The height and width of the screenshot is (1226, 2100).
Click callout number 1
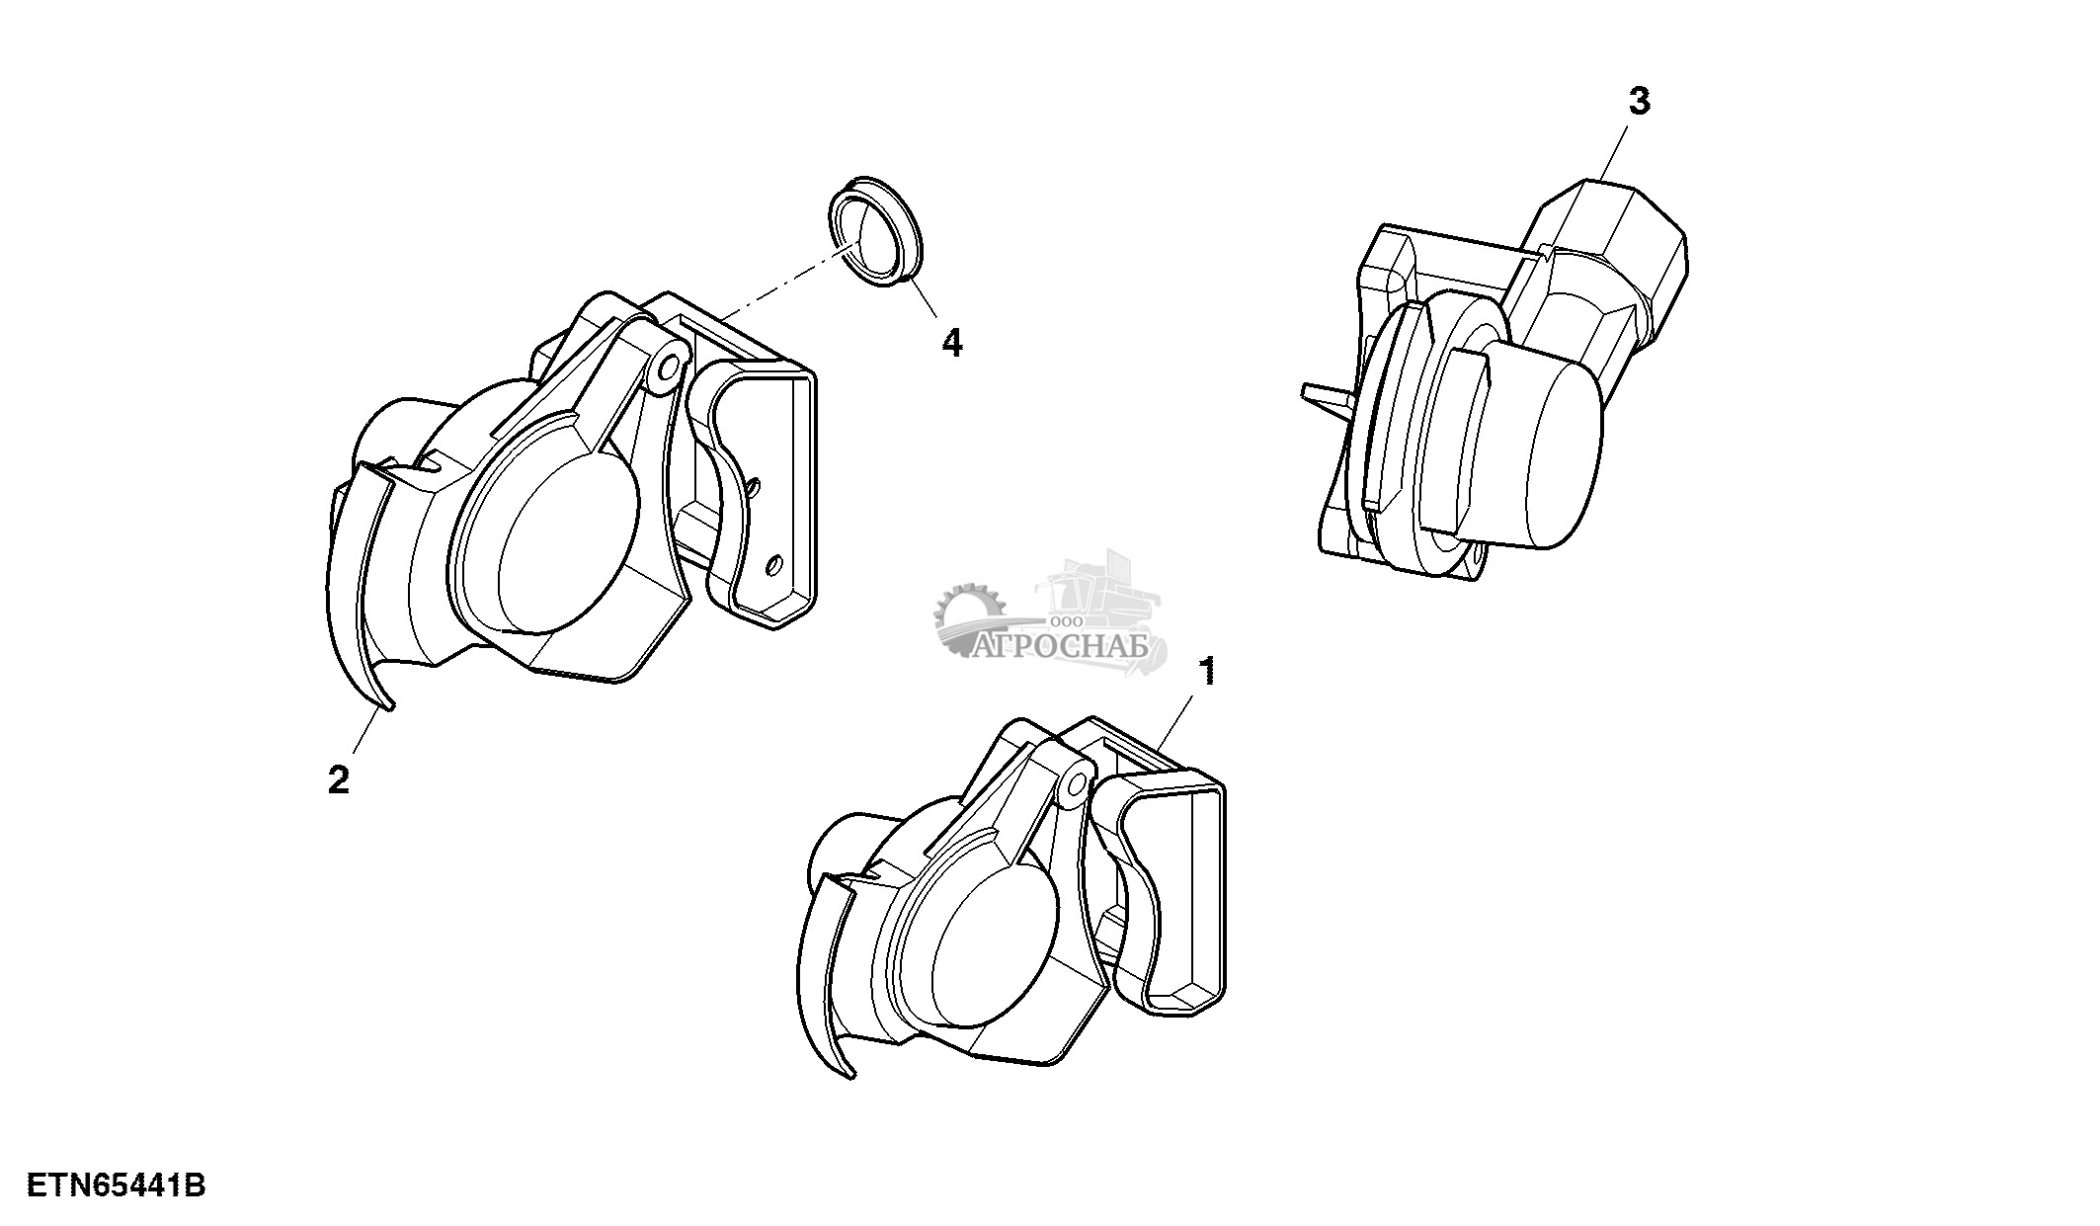tap(1206, 672)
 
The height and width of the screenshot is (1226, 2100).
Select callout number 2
tap(339, 781)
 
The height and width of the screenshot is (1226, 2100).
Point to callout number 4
tap(951, 343)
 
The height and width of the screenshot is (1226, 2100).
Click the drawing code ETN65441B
tap(116, 1185)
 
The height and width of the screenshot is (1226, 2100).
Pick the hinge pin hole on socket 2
tap(670, 368)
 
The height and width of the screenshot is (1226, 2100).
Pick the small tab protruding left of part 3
tap(1324, 394)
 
